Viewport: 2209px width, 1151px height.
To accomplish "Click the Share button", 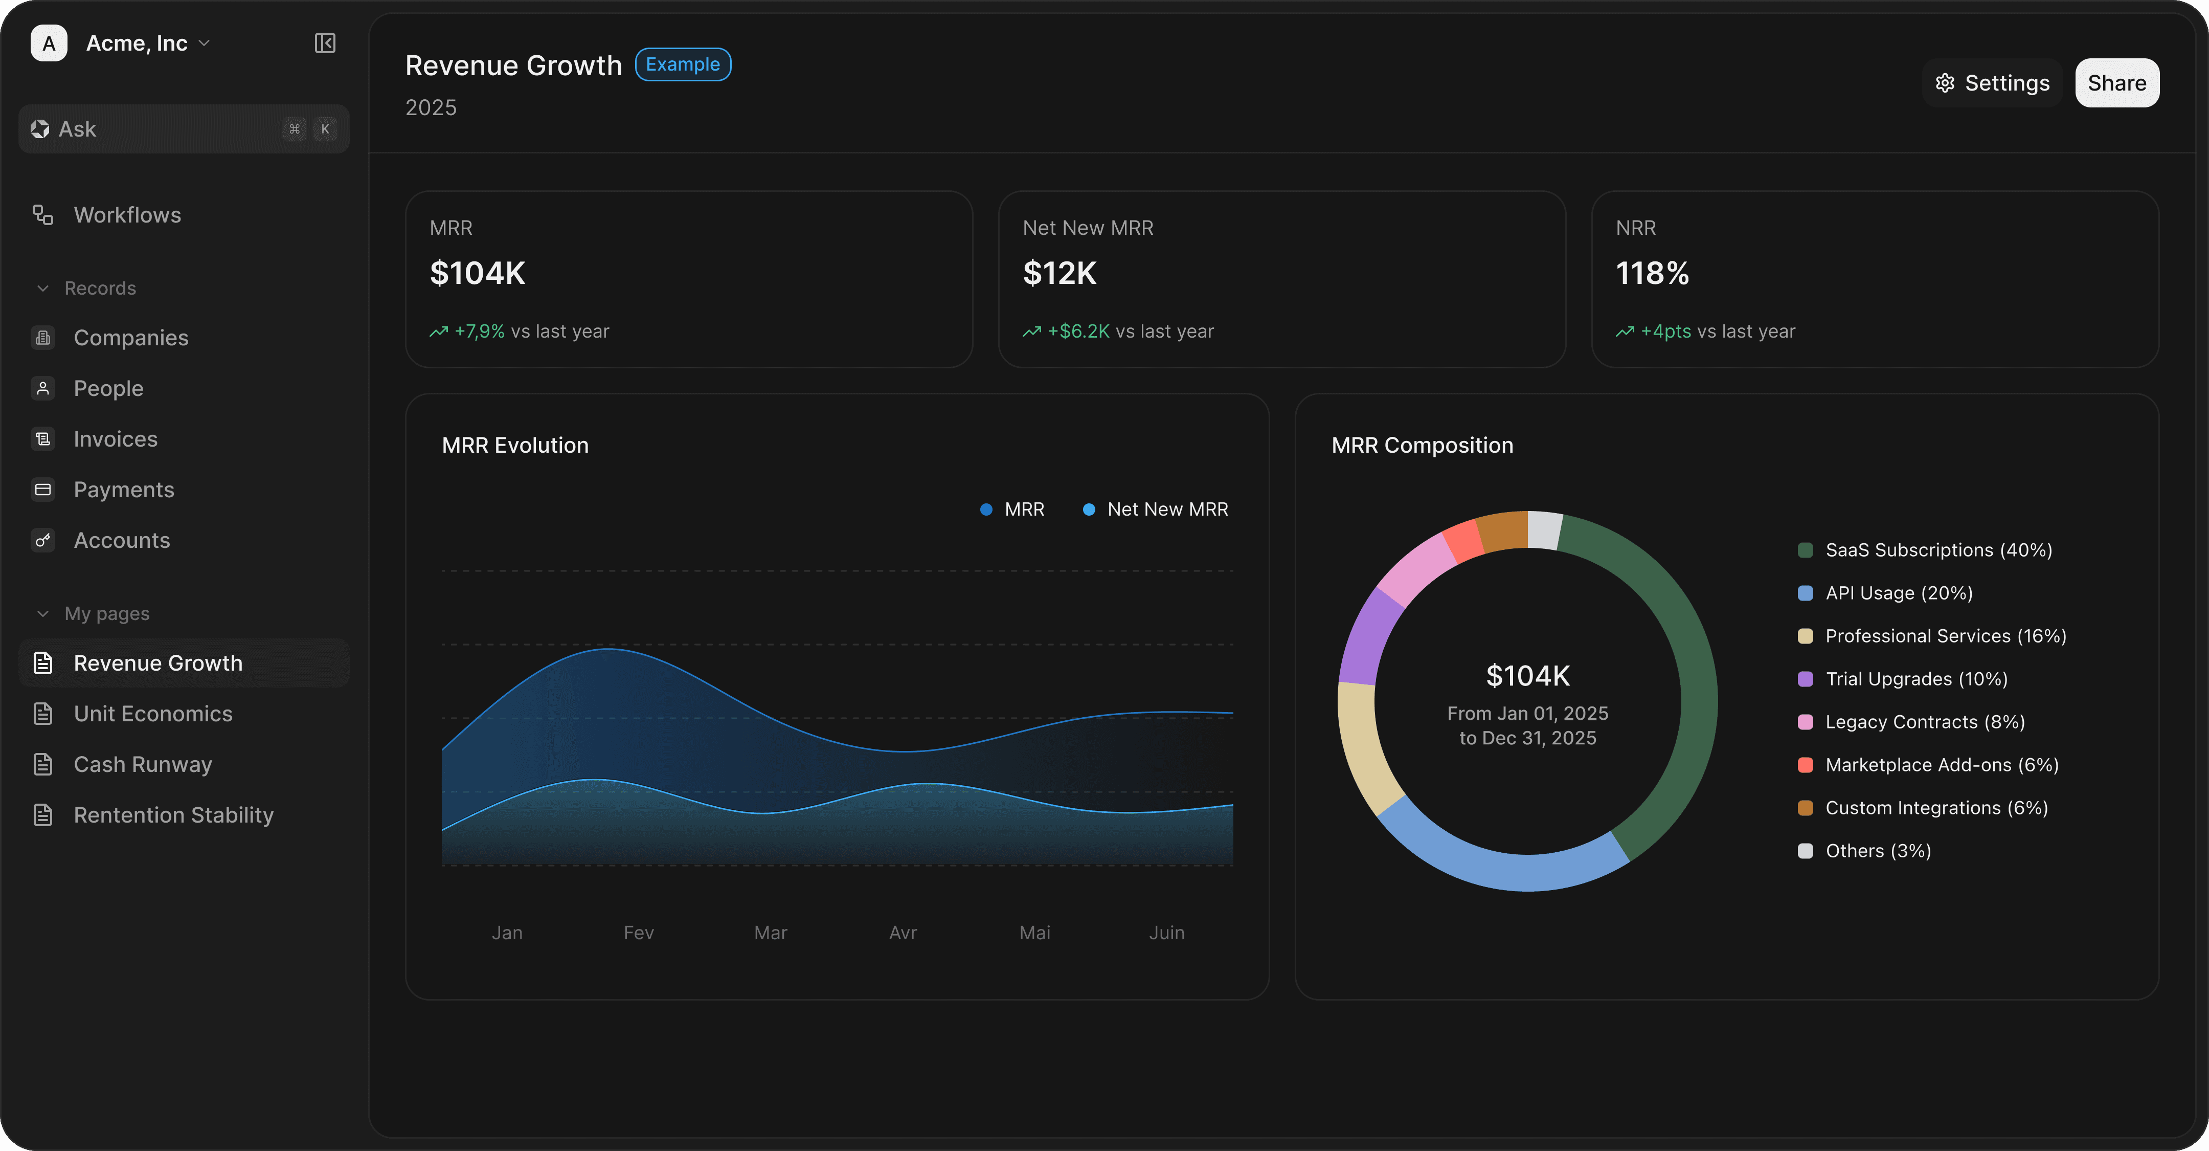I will tap(2116, 83).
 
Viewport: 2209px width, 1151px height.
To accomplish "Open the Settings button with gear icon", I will tap(1992, 83).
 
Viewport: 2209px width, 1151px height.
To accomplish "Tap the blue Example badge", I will tap(683, 64).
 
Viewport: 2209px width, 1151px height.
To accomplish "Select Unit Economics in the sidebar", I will tap(153, 714).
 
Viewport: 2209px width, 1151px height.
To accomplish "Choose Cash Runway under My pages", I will tap(142, 764).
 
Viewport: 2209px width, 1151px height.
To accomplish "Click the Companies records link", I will tap(130, 338).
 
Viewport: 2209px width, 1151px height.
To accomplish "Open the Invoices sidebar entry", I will tap(115, 439).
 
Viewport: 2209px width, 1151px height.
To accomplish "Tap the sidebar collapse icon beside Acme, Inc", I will tap(325, 43).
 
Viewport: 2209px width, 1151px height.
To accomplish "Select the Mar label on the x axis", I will tap(770, 932).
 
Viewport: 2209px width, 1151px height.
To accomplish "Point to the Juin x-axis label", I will tap(1166, 932).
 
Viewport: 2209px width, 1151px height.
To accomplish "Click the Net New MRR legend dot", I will tap(1089, 510).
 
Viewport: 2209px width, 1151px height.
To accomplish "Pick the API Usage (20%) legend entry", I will tap(1899, 593).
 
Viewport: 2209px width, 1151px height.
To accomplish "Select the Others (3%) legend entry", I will tap(1878, 851).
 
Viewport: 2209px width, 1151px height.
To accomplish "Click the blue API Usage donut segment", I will tap(1501, 866).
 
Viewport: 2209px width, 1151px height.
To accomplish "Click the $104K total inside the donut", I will tap(1528, 676).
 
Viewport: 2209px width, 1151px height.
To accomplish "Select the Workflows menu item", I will tap(127, 215).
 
